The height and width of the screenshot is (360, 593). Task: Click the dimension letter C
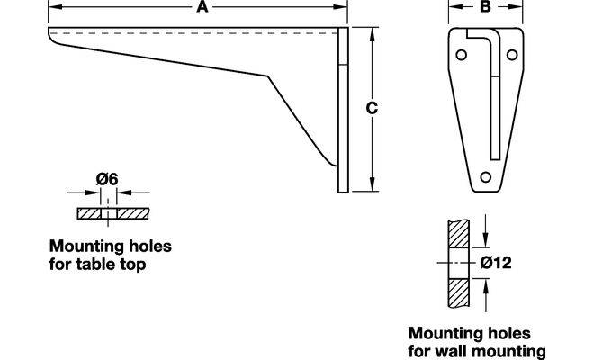point(371,108)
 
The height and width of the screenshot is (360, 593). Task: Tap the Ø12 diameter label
point(496,263)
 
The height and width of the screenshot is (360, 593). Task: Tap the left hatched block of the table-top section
point(90,215)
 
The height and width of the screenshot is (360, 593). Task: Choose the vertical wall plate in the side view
point(342,108)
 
